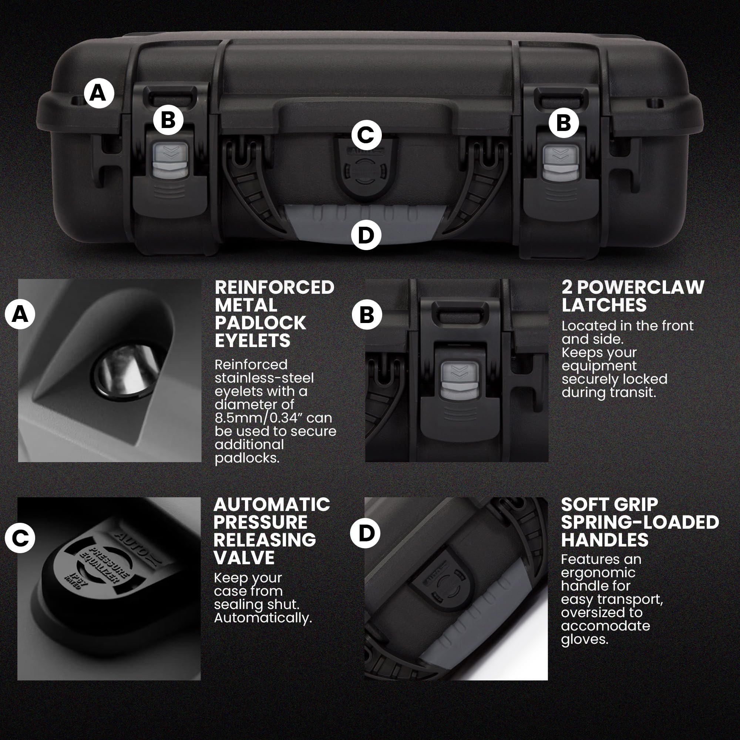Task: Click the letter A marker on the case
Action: click(x=99, y=93)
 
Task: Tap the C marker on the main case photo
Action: click(x=366, y=135)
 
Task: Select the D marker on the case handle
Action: click(x=366, y=235)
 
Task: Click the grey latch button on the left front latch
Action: click(x=171, y=161)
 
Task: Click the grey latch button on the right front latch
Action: click(x=560, y=162)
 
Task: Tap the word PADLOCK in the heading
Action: click(x=260, y=323)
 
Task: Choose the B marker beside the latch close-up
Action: click(x=367, y=315)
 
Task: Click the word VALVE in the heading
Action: click(x=244, y=558)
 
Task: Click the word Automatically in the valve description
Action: click(x=262, y=618)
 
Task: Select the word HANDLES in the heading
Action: click(x=605, y=540)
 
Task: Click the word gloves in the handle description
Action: click(x=584, y=639)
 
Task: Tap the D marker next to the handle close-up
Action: click(x=365, y=533)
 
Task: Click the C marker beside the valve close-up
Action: click(x=20, y=538)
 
